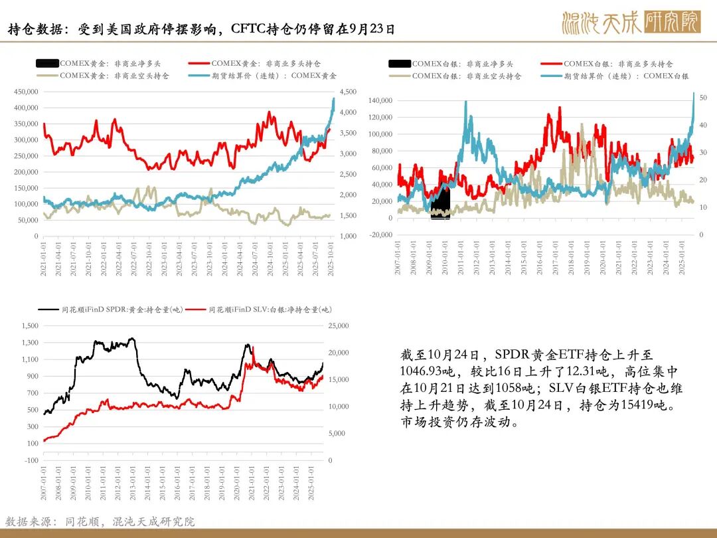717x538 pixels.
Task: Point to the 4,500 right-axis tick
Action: click(348, 92)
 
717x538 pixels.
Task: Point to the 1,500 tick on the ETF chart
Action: click(31, 326)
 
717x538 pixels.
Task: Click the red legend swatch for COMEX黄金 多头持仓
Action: click(207, 64)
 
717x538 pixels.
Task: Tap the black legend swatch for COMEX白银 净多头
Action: click(400, 64)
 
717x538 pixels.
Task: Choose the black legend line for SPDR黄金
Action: click(48, 310)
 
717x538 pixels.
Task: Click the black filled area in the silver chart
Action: click(439, 203)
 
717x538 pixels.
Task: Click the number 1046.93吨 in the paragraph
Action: click(424, 371)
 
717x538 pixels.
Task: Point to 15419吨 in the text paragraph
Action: click(638, 405)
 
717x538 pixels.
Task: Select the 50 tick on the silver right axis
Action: click(702, 98)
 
